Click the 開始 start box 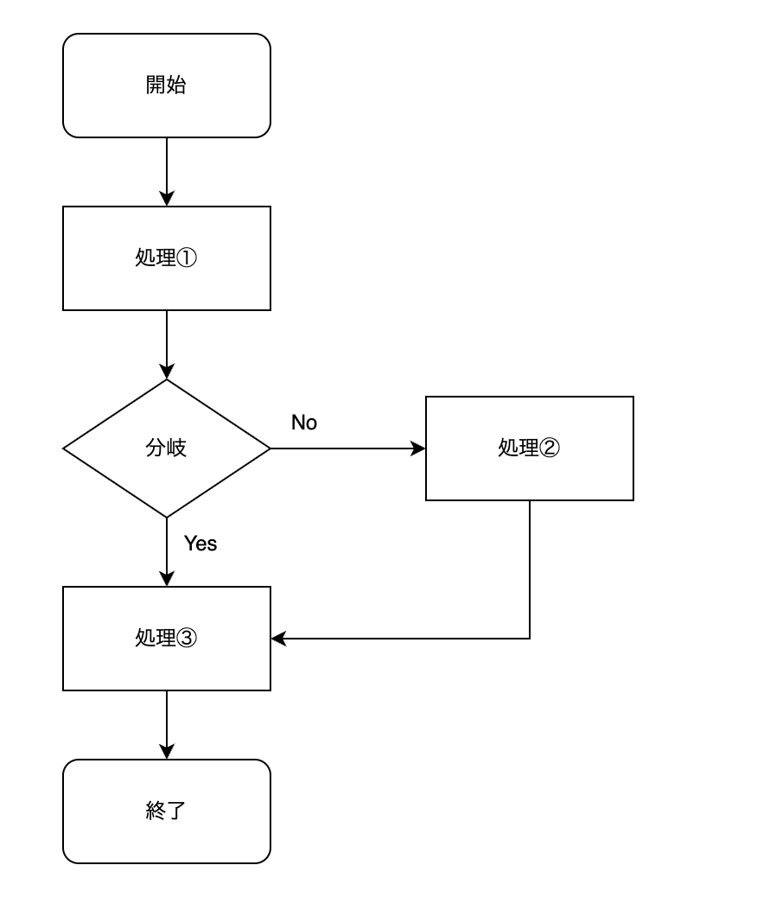(167, 86)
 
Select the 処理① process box (167, 258)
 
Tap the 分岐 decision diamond (167, 448)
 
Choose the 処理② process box (529, 448)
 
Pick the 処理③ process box (167, 639)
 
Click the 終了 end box (167, 811)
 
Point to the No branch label (304, 423)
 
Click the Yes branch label (200, 543)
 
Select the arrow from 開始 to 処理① (167, 172)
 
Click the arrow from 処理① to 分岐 (167, 345)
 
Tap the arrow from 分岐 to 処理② (348, 448)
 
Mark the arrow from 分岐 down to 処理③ (167, 552)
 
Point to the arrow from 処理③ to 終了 (167, 725)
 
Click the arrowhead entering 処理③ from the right (278, 639)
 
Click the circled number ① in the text (187, 258)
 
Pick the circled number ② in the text (550, 448)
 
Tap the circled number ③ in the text (187, 638)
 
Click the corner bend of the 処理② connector (530, 639)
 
